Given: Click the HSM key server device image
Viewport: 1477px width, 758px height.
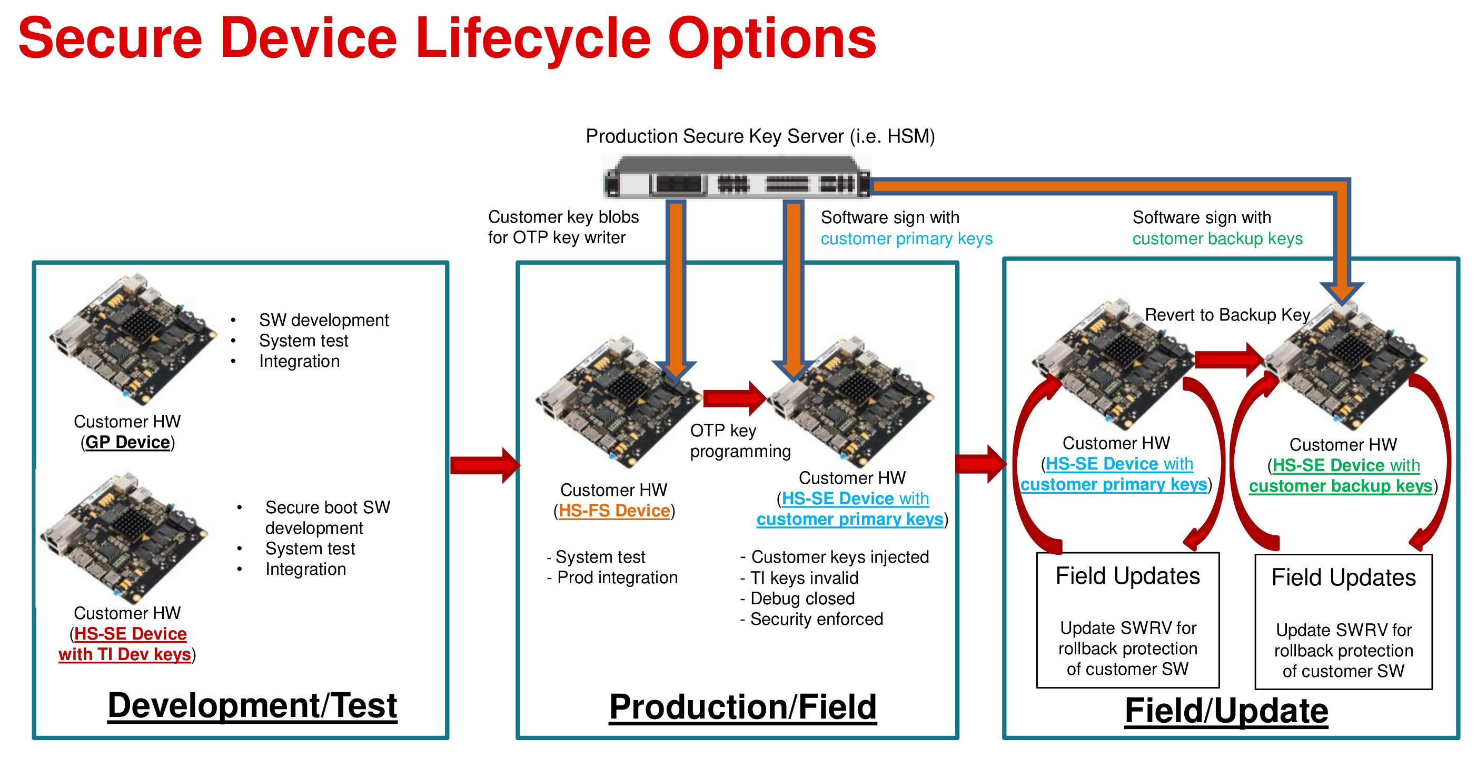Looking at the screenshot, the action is pos(737,177).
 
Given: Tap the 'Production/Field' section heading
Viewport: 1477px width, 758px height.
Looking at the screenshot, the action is pos(743,707).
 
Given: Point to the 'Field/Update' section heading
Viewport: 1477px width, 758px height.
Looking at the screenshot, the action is pos(1226,711).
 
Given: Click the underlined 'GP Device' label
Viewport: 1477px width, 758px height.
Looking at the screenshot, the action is pos(128,442).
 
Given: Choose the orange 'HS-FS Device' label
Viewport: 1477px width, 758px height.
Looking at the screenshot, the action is pos(614,510).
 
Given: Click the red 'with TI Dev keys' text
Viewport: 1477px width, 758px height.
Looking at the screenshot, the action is pos(124,654).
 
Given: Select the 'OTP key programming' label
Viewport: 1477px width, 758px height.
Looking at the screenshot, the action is pos(740,441).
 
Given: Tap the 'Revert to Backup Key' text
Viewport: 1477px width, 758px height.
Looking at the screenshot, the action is pos(1227,315).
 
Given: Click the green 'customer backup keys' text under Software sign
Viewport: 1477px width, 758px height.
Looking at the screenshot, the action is pos(1217,238).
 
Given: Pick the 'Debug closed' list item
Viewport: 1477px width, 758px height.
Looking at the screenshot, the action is pos(802,598).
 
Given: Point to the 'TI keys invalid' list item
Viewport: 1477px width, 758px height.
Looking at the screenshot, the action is pos(804,577).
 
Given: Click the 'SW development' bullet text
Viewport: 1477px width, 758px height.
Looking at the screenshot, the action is pos(324,320).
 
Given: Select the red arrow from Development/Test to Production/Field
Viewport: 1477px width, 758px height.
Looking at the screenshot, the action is pos(485,465).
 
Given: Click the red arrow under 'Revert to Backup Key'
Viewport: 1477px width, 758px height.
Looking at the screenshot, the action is pos(1230,360).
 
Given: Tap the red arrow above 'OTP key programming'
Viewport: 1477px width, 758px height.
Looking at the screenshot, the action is pos(735,398).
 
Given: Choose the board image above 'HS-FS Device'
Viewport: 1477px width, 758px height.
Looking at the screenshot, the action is pos(618,403).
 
